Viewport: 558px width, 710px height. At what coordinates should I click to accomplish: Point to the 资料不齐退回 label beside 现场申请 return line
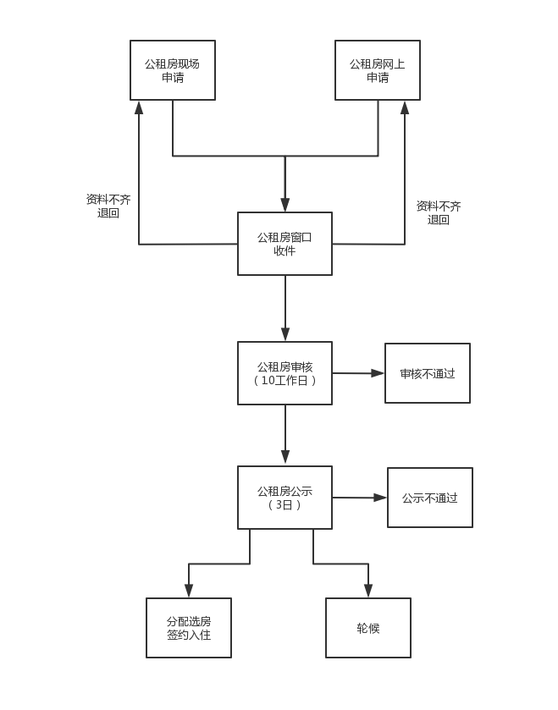tap(108, 206)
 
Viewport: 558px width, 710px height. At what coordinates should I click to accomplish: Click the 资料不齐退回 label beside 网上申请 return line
tap(439, 212)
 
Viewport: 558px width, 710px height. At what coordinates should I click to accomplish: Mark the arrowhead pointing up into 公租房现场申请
tap(139, 107)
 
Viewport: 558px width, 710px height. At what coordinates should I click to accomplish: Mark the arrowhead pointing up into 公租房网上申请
tap(405, 107)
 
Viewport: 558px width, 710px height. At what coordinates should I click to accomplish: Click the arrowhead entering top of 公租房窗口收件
tap(285, 205)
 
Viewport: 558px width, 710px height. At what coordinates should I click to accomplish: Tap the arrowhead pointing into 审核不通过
tap(378, 373)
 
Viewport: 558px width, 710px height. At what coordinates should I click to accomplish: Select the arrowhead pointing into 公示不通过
tap(380, 498)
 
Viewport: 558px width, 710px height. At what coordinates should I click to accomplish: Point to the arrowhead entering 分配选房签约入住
tap(189, 591)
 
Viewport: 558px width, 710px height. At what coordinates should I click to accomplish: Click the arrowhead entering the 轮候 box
tap(368, 591)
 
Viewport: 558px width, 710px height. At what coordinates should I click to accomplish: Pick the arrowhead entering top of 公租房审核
tap(285, 334)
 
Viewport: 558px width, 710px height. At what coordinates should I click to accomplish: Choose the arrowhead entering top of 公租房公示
tap(285, 459)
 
